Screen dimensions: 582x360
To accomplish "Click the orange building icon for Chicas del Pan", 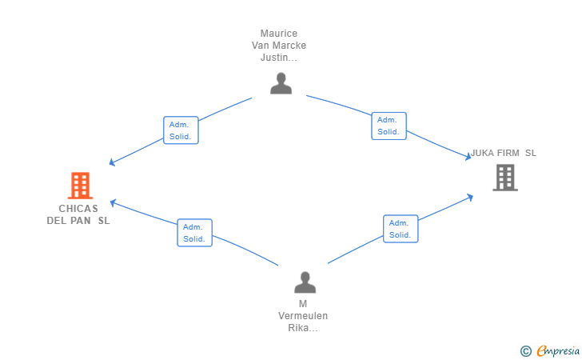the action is tap(80, 186).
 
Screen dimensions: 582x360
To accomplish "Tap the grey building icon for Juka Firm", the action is tap(505, 178).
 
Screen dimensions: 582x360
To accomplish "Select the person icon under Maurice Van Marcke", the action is tap(281, 83).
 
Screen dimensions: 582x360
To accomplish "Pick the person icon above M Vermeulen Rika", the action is tap(305, 282).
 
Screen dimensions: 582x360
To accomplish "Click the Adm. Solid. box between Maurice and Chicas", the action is tap(181, 130).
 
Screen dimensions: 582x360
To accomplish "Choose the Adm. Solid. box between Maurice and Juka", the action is tap(389, 126).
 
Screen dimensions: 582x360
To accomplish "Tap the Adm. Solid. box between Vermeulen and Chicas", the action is tap(194, 233).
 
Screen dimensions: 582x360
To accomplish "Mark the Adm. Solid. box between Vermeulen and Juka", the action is tap(401, 229).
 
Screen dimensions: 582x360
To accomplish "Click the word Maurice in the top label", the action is tap(279, 34).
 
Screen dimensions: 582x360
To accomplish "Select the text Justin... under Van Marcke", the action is tap(279, 58).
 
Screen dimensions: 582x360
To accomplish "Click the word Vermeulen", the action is tap(303, 316).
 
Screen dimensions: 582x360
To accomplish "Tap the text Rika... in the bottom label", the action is tap(303, 328).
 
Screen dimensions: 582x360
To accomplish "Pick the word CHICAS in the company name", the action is tap(78, 209).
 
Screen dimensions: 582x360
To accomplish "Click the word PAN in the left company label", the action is tap(81, 221).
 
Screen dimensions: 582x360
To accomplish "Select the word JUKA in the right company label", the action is tap(482, 153).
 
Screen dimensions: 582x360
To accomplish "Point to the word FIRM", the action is tap(508, 153).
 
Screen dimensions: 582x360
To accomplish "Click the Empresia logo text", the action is tap(558, 350).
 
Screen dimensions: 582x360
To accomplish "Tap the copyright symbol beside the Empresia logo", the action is tap(526, 351).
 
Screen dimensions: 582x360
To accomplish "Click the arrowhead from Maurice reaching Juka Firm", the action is tap(468, 157).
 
